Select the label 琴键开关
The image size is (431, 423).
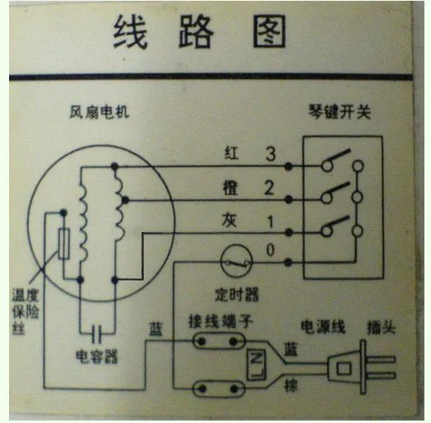[343, 111]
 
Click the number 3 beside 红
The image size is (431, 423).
[270, 154]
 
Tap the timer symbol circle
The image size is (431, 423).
[237, 263]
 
